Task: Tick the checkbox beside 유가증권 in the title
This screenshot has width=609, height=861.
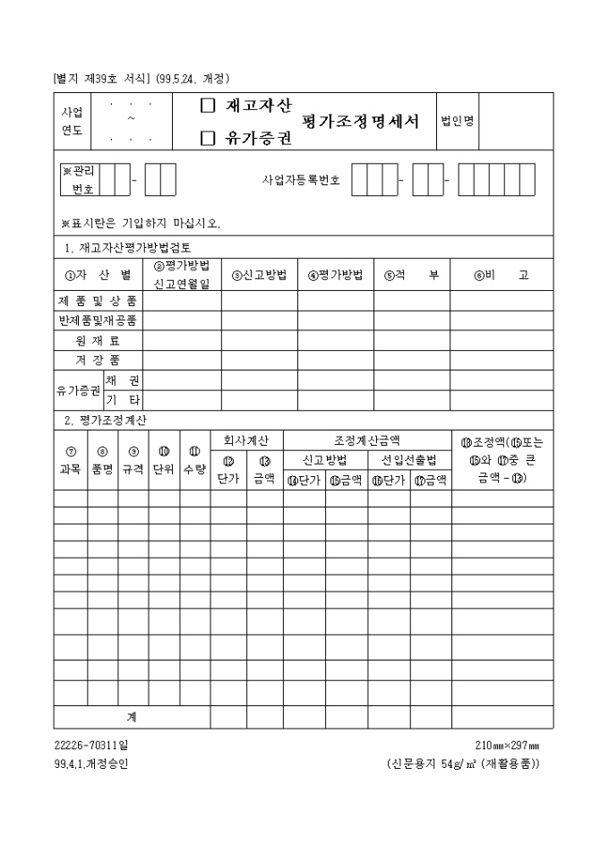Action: pyautogui.click(x=208, y=138)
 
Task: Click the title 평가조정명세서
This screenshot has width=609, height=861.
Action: pyautogui.click(x=361, y=122)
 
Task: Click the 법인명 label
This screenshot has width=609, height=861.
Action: pyautogui.click(x=458, y=122)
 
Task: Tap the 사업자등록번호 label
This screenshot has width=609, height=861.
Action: pyautogui.click(x=301, y=180)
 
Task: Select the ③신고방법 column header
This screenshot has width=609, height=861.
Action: pyautogui.click(x=258, y=276)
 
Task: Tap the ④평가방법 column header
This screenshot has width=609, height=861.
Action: pyautogui.click(x=335, y=276)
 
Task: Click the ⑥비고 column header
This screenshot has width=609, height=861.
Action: pyautogui.click(x=501, y=276)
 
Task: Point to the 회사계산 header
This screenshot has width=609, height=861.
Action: pyautogui.click(x=246, y=440)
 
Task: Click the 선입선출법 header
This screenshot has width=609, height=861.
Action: pyautogui.click(x=408, y=460)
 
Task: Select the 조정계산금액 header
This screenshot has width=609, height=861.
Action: pyautogui.click(x=367, y=440)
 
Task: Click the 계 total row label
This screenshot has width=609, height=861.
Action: pyautogui.click(x=131, y=717)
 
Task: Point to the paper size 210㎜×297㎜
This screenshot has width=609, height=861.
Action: pyautogui.click(x=507, y=746)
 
